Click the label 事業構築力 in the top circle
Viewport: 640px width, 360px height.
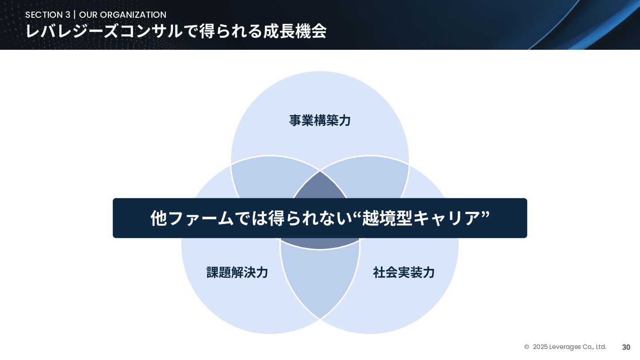tap(320, 120)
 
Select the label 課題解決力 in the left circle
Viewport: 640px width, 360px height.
tap(237, 272)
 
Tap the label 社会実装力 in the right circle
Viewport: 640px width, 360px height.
tap(404, 272)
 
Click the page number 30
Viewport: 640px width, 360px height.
tap(626, 347)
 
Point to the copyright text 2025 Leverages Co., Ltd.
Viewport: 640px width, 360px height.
tap(569, 347)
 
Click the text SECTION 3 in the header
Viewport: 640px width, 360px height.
tap(48, 15)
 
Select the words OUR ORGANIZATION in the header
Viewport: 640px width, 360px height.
tap(123, 15)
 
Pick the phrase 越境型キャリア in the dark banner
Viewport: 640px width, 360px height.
tap(421, 218)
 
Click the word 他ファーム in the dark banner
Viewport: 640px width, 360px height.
tap(192, 218)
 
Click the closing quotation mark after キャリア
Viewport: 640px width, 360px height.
tap(485, 214)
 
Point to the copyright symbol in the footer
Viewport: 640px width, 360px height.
tap(527, 347)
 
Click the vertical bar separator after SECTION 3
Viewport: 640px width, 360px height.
tap(75, 15)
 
